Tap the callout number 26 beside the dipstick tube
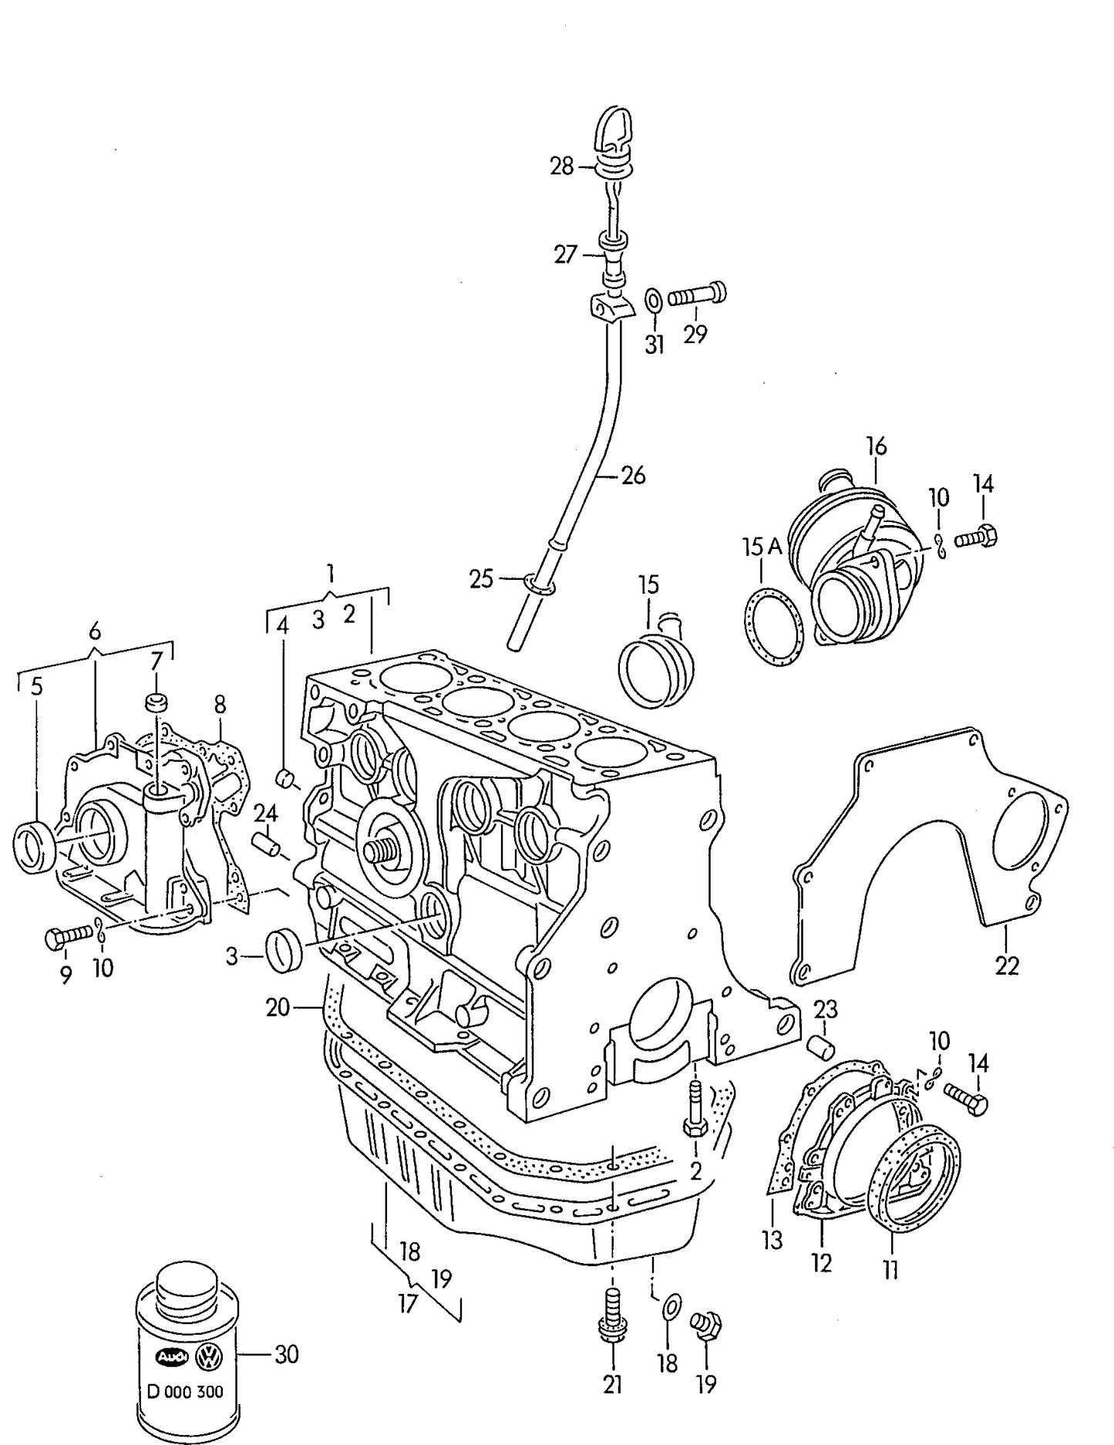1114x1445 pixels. (x=633, y=475)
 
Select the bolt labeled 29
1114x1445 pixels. (x=697, y=295)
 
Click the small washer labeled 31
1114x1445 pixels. (x=652, y=299)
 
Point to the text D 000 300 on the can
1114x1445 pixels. (x=185, y=1391)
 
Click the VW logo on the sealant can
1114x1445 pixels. (x=208, y=1357)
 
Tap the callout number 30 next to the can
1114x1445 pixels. (x=286, y=1354)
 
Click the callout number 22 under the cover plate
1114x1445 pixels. (x=1007, y=965)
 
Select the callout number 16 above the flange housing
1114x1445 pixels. (x=876, y=446)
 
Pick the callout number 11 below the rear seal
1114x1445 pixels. (x=890, y=1269)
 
